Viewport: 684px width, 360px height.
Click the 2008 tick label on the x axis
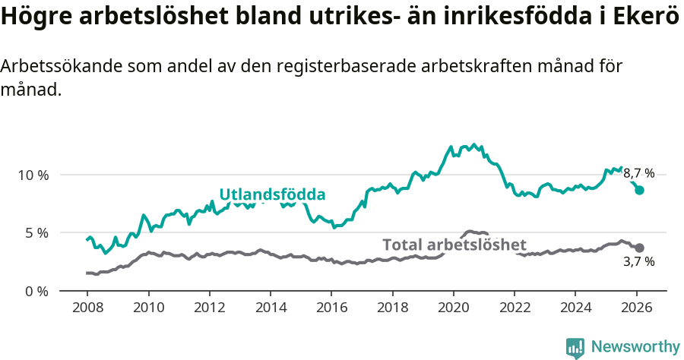[87, 310]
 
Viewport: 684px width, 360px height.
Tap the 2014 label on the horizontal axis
[270, 310]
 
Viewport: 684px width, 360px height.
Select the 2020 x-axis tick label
[453, 310]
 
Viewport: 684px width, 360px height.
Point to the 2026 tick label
[636, 310]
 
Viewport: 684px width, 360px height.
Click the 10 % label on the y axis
[33, 175]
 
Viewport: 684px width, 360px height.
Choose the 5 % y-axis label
[36, 232]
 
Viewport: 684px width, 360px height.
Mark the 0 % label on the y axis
[36, 291]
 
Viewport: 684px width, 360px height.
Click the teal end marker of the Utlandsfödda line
[640, 190]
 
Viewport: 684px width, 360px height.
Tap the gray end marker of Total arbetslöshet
[640, 248]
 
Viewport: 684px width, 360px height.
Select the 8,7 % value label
[638, 173]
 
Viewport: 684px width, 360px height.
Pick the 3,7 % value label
[638, 262]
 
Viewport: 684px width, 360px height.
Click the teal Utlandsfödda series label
[272, 194]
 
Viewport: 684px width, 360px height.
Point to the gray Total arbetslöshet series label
[454, 245]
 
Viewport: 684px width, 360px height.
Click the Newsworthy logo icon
[575, 347]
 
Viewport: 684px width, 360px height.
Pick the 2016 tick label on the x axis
[331, 310]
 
